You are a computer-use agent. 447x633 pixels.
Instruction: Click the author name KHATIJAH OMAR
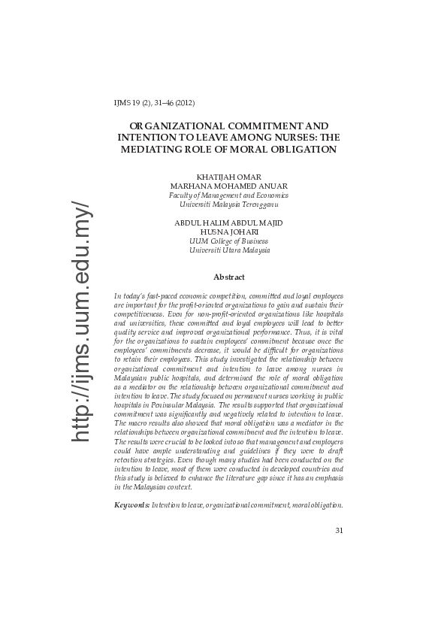point(228,177)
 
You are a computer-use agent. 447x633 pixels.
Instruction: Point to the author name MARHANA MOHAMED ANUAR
point(228,186)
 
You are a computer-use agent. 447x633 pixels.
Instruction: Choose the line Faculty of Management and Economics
point(228,195)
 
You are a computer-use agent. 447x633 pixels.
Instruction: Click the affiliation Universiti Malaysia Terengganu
point(228,204)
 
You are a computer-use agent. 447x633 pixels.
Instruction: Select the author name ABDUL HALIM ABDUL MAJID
point(228,223)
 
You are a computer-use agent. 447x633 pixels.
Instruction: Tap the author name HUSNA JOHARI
point(228,232)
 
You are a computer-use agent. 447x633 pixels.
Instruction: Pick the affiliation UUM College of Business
point(228,241)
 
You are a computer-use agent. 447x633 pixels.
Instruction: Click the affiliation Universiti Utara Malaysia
point(228,250)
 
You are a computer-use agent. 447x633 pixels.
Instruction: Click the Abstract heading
point(228,277)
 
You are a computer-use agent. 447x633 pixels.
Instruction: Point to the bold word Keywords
point(131,504)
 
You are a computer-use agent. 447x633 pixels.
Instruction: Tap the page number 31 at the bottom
point(339,531)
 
